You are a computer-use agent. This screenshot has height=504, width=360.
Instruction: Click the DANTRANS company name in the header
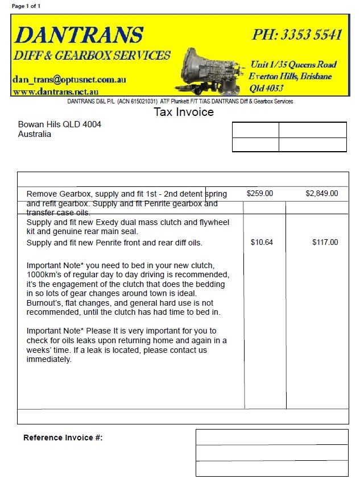(78, 35)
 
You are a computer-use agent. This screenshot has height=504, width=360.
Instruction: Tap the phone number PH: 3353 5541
(297, 35)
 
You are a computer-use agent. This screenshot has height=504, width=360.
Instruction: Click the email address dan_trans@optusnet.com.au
(69, 80)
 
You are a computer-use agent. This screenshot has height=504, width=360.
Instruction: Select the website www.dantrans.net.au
(56, 91)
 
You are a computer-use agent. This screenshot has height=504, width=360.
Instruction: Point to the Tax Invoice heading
(184, 112)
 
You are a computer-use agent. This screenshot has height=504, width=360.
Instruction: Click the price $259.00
(260, 194)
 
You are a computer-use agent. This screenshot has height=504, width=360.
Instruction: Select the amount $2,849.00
(321, 194)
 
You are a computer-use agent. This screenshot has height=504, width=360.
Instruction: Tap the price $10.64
(262, 243)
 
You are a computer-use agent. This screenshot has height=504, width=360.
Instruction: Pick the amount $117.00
(325, 243)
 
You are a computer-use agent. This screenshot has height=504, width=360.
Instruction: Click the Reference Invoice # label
(63, 438)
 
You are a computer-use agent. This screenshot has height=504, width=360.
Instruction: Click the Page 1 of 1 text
(26, 6)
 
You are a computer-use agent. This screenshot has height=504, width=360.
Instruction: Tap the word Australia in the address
(35, 134)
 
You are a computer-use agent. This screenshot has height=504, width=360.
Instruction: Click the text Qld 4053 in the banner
(266, 88)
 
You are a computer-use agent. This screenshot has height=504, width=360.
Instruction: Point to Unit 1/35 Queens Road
(293, 64)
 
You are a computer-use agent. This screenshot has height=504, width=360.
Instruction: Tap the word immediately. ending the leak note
(49, 360)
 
